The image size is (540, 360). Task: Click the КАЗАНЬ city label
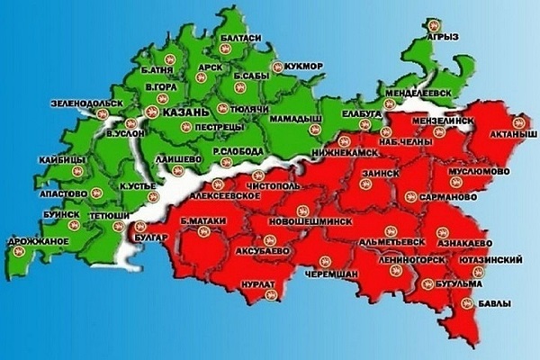[186, 112]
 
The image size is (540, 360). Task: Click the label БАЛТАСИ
[240, 38]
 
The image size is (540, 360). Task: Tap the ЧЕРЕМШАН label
[331, 274]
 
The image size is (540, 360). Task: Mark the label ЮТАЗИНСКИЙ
[491, 259]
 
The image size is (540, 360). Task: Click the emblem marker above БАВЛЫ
[466, 305]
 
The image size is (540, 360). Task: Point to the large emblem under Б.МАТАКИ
[202, 236]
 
